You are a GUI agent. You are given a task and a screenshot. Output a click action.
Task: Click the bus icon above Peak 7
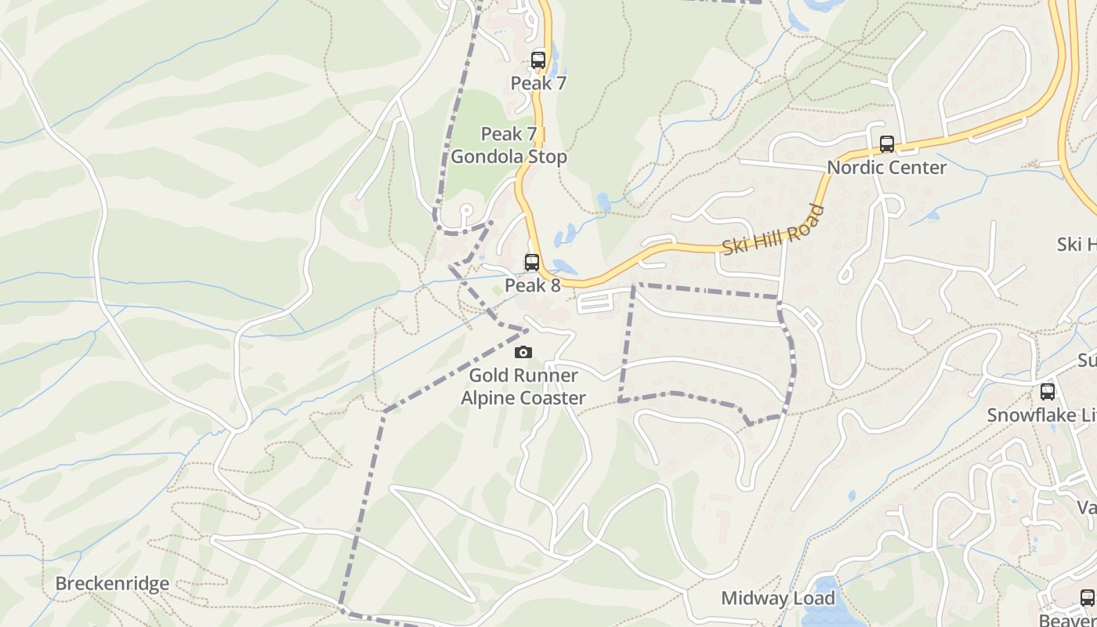(x=538, y=60)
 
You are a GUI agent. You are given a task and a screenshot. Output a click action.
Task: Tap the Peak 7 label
(x=538, y=83)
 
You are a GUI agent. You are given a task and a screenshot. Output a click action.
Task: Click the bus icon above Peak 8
(x=532, y=263)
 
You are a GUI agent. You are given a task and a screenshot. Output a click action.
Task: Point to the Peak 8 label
(x=532, y=285)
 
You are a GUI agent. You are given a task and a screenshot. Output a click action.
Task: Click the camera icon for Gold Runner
(x=523, y=353)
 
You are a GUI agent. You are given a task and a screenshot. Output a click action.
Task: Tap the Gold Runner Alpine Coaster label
(x=523, y=386)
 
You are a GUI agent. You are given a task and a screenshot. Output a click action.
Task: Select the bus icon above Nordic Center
(x=886, y=144)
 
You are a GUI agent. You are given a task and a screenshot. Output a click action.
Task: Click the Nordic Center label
(x=886, y=167)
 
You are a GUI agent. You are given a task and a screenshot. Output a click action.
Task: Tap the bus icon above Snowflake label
(x=1047, y=392)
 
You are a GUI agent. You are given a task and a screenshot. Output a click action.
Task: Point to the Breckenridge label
(x=112, y=584)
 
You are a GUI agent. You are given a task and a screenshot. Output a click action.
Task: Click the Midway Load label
(x=777, y=599)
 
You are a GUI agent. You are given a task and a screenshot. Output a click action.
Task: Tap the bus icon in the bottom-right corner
(x=1087, y=598)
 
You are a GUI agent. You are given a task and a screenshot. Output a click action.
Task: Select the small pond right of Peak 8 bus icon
(x=564, y=267)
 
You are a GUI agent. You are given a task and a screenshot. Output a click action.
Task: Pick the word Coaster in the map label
(x=555, y=398)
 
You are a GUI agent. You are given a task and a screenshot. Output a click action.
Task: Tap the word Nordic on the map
(x=855, y=167)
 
